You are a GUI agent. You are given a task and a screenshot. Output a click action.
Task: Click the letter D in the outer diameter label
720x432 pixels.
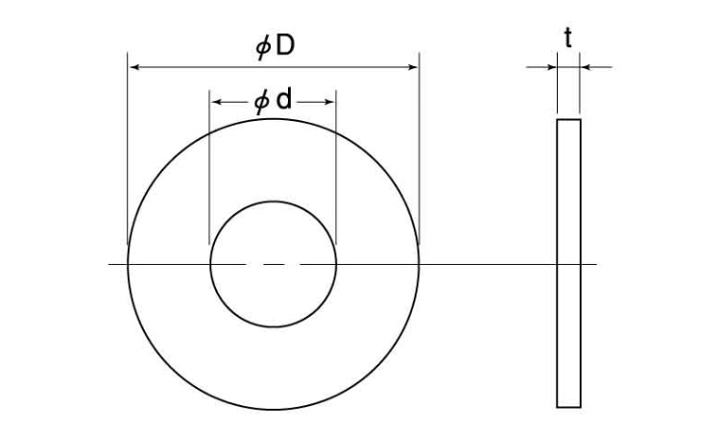point(285,45)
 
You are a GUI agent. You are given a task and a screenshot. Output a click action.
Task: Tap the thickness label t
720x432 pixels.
point(568,37)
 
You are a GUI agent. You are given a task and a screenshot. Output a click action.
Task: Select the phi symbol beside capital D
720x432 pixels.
point(263,47)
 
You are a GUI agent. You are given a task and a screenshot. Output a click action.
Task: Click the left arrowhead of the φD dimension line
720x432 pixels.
point(134,67)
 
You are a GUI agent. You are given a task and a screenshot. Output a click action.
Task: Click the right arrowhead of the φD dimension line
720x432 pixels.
point(413,67)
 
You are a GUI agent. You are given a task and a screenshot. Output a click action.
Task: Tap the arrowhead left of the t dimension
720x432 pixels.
point(551,67)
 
